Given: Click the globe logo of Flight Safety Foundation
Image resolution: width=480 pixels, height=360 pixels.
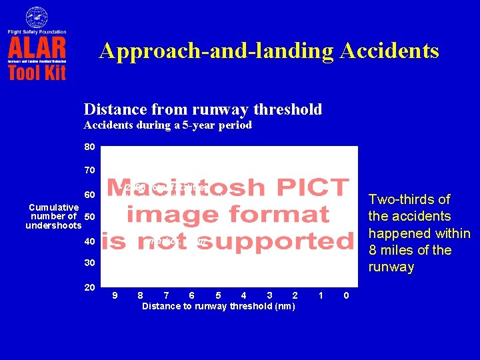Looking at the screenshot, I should point(37,17).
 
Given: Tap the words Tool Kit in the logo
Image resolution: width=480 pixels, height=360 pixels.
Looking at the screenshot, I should point(37,71).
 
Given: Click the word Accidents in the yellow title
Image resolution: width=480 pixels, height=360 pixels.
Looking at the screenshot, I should point(389,51).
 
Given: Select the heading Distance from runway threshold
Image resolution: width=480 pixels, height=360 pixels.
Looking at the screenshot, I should point(203,109).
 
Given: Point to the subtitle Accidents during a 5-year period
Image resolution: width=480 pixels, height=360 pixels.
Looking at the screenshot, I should point(167,125).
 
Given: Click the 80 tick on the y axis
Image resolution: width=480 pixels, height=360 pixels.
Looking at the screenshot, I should point(89,147).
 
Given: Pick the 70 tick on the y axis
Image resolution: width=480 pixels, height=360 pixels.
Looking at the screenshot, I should point(89,171).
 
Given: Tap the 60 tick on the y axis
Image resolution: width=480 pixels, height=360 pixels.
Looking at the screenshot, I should point(89,195).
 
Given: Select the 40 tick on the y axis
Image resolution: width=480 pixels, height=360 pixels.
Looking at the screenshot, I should point(89,241).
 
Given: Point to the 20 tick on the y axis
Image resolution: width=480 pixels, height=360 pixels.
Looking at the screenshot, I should point(89,287).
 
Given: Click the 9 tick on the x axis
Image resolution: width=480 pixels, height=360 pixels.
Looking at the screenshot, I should point(115,295).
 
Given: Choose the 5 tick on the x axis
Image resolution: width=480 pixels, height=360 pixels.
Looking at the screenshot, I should point(219,295).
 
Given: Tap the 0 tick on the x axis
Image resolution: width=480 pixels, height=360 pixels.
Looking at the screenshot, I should point(345,295).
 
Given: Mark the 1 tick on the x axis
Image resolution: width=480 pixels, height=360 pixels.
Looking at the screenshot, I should point(321,295).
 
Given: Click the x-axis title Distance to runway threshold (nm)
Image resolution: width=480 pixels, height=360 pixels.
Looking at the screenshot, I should point(219,306).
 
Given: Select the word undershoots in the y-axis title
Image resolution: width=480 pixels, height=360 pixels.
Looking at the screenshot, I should point(53,226).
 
